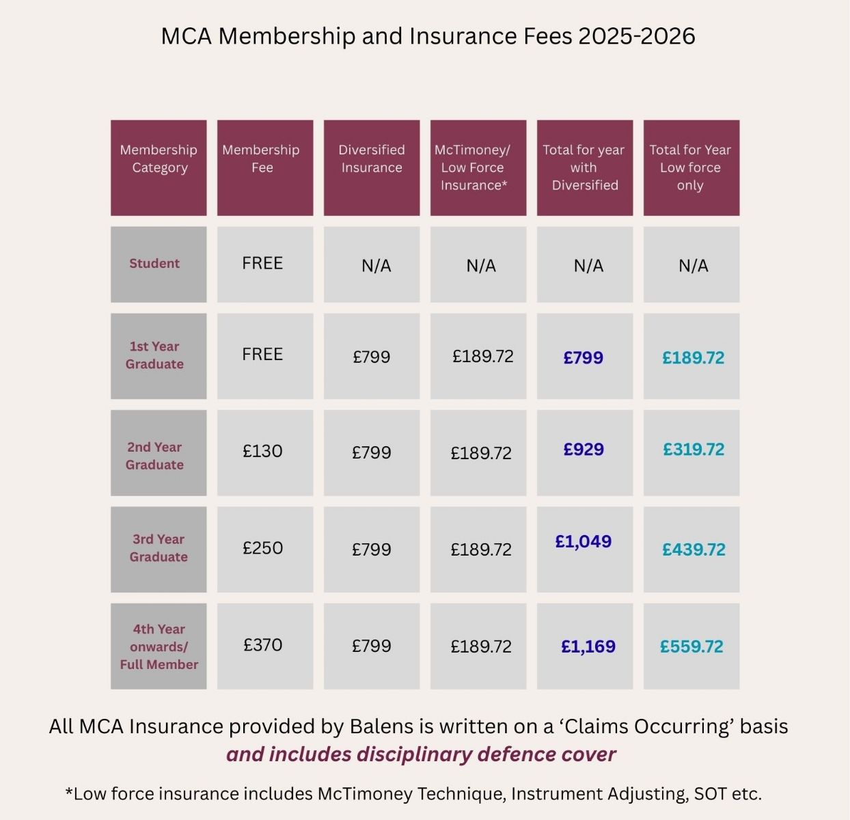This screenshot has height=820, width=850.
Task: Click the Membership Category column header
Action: [159, 168]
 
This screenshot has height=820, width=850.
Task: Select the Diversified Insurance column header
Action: [372, 168]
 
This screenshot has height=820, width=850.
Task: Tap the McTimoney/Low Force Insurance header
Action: [478, 168]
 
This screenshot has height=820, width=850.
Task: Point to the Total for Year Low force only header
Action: [691, 168]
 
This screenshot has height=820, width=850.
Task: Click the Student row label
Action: [155, 264]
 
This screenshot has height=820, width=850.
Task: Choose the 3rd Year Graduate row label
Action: [159, 548]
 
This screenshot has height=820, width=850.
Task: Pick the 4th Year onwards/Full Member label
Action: [159, 646]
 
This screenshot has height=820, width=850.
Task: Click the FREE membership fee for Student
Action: [262, 264]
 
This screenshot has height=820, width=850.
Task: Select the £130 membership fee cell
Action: [262, 451]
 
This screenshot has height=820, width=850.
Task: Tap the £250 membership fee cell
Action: [262, 548]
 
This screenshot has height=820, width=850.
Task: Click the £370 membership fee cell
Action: [262, 645]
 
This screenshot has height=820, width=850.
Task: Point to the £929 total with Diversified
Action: [584, 450]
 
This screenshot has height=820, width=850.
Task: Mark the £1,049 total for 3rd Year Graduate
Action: [584, 542]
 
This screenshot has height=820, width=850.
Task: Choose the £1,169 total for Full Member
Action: [588, 646]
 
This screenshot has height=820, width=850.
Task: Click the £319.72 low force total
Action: [694, 450]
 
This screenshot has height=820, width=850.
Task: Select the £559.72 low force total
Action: [691, 646]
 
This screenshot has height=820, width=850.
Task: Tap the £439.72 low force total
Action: [694, 549]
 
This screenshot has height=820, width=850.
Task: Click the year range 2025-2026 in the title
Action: [636, 36]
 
